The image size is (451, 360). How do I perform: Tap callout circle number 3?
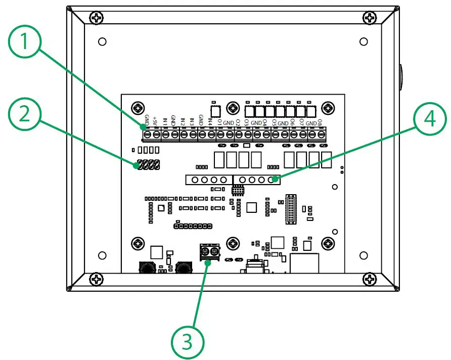click(188, 343)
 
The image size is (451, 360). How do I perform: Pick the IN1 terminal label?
click(165, 122)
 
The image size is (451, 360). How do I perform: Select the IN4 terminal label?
click(210, 121)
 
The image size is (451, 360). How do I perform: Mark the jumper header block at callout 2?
click(147, 164)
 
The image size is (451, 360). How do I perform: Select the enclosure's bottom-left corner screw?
click(97, 279)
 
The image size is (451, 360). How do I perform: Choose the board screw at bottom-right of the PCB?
click(329, 244)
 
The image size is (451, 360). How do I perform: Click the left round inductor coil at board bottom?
click(147, 267)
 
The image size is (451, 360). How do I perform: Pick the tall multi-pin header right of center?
click(290, 207)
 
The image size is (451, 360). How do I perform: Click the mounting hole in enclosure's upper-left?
click(102, 41)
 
